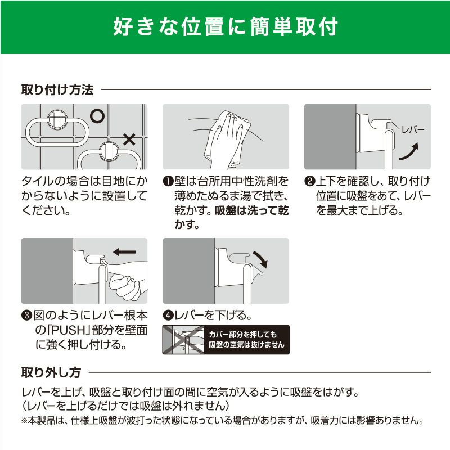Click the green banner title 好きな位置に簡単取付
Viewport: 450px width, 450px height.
(226, 26)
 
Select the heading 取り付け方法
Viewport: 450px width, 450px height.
(57, 89)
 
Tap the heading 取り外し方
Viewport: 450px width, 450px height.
(51, 372)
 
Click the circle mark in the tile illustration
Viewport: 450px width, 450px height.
(97, 116)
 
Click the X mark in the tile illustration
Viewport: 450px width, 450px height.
(129, 139)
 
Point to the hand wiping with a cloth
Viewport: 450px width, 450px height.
(227, 141)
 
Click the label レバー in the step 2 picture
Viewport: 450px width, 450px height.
(413, 130)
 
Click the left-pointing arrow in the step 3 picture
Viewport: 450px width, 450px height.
(124, 252)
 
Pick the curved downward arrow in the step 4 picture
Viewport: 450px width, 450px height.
(260, 259)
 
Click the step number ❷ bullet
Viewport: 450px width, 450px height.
(310, 181)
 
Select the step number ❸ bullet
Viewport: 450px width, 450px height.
(26, 316)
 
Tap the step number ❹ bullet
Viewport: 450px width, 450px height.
(168, 316)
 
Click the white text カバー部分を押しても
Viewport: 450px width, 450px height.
(243, 335)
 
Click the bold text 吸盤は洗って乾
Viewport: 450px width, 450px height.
(251, 210)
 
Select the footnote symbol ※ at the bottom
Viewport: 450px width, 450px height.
(24, 421)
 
